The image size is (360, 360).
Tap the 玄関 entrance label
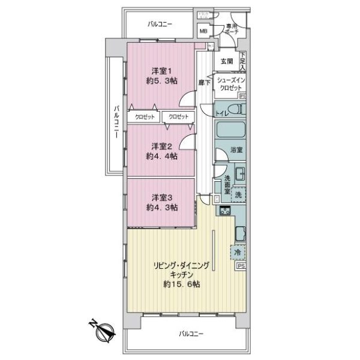(227, 61)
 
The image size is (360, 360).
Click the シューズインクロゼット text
(229, 84)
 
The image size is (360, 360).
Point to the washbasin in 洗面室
(239, 175)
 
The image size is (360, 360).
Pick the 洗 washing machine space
(239, 194)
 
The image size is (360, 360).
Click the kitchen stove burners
(226, 211)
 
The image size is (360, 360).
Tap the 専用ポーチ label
(232, 30)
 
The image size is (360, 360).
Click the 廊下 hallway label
(205, 83)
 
